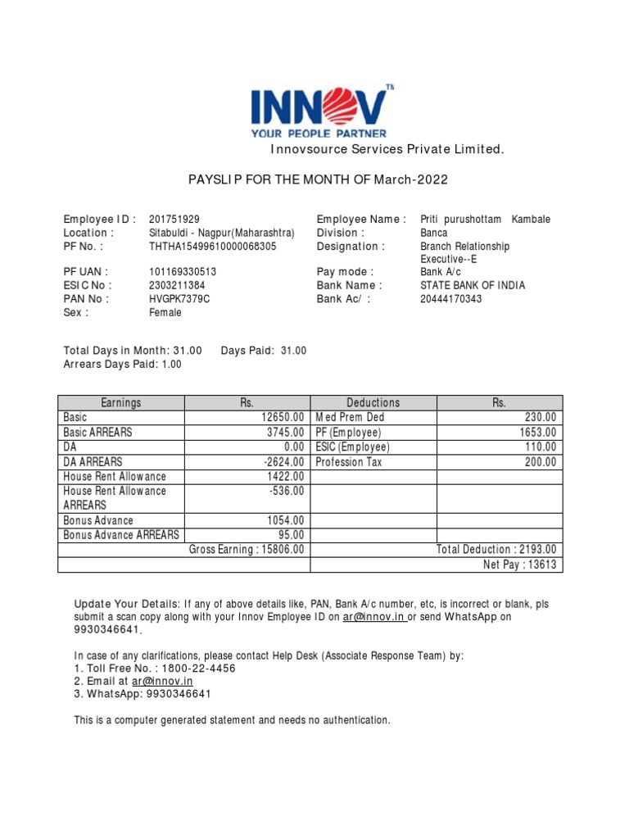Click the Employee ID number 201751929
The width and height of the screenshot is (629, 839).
coord(174,220)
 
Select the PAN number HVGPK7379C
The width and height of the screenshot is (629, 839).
coord(179,299)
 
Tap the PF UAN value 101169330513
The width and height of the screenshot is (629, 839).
coord(183,272)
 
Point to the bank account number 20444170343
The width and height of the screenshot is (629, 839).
coord(451,299)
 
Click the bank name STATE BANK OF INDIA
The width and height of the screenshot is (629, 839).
coord(473,285)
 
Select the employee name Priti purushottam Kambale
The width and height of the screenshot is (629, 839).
coord(485,220)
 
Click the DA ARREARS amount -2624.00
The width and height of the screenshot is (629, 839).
coord(280,462)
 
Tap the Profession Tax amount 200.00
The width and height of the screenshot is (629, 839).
coord(541,462)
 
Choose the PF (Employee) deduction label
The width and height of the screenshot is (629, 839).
coord(349,433)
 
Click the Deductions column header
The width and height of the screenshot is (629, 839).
coord(373,402)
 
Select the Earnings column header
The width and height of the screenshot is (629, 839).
coord(121,402)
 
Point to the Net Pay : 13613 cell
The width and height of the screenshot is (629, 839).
coord(520,565)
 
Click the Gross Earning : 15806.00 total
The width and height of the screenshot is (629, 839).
coord(247,550)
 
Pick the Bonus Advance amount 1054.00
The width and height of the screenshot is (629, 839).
coord(286,520)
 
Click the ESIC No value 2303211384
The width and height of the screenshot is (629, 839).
coord(177,285)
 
